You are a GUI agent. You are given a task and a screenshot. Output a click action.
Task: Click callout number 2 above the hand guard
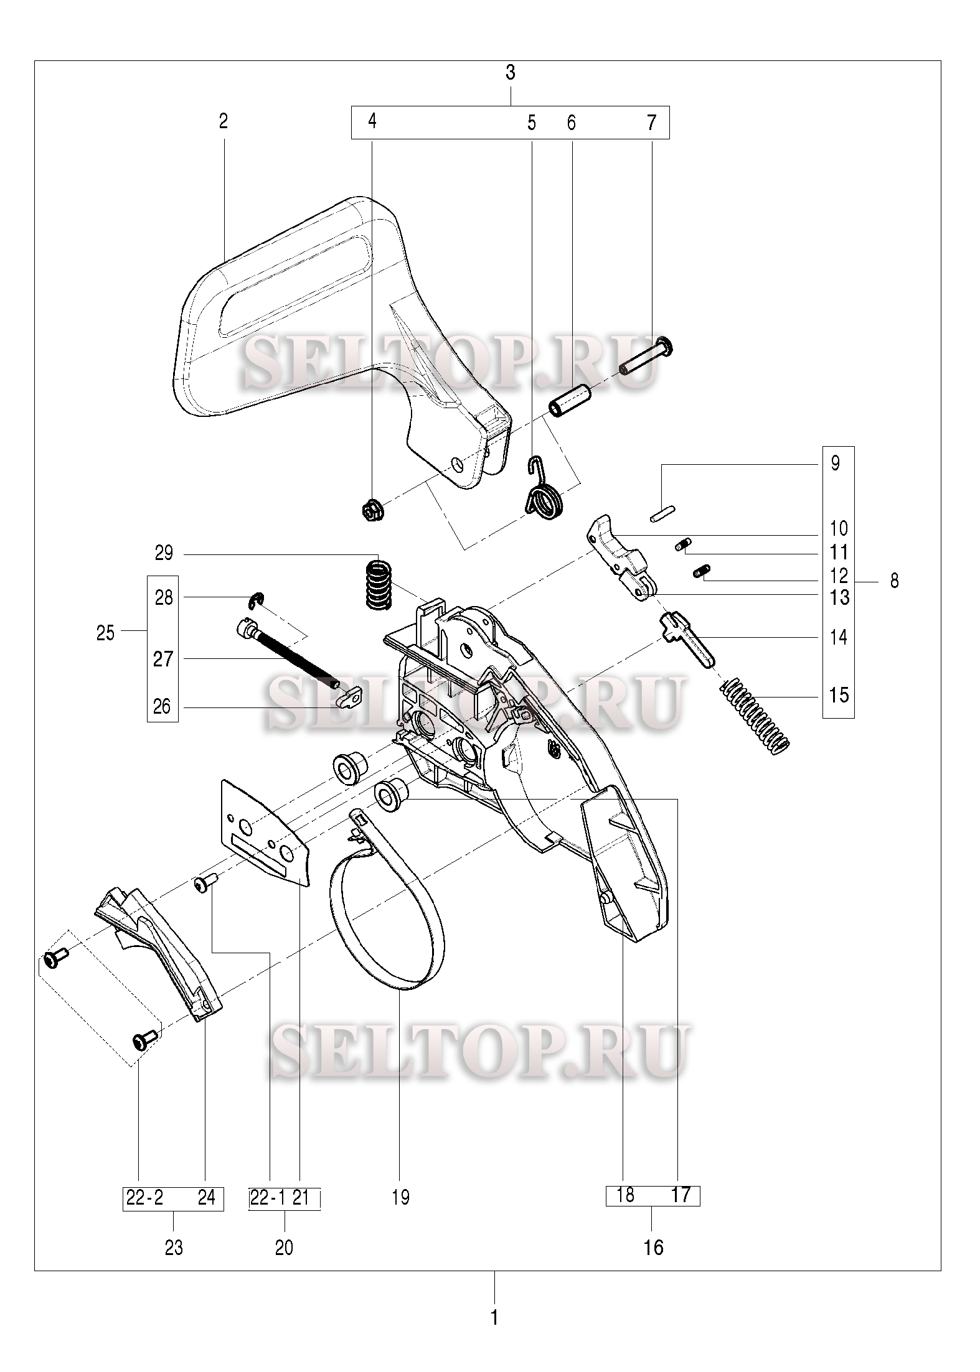click(x=224, y=121)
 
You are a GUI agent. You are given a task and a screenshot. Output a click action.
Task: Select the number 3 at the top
click(x=511, y=73)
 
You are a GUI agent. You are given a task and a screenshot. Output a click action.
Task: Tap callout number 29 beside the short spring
click(x=164, y=553)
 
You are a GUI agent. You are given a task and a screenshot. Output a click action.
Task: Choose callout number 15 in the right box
click(x=839, y=694)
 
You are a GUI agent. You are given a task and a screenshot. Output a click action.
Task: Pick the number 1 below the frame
click(x=494, y=1318)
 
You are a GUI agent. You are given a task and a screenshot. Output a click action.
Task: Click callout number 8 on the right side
click(x=895, y=581)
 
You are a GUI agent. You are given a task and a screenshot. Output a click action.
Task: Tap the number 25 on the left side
click(x=106, y=633)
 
